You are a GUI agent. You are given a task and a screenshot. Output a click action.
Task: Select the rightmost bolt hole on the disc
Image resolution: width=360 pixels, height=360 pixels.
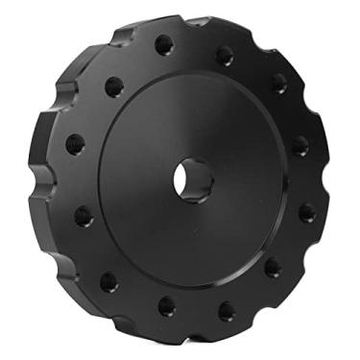point(300,147)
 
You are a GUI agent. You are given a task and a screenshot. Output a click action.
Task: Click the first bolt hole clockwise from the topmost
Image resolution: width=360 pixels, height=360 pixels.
point(225,55)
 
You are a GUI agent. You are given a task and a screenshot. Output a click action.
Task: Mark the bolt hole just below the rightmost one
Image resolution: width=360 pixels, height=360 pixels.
point(306,210)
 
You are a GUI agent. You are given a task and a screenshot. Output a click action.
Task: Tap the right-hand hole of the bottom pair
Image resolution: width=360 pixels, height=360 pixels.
point(226,310)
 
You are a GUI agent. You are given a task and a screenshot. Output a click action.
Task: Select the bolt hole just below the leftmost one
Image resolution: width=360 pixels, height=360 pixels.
point(83,214)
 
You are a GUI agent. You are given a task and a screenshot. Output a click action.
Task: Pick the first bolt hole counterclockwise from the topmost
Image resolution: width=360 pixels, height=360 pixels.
point(113,84)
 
